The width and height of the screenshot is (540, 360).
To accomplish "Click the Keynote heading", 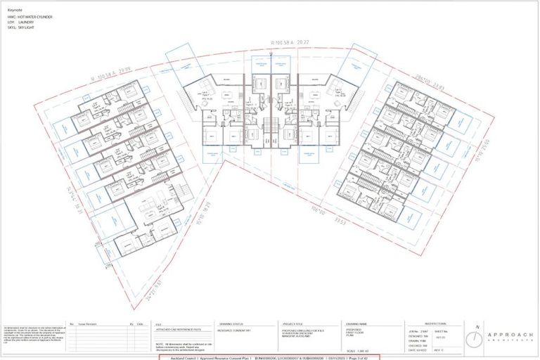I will click(x=15, y=11).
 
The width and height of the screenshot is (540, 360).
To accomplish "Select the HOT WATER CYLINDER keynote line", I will click(x=32, y=17).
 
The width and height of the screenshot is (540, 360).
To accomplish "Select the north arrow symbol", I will click(x=478, y=337).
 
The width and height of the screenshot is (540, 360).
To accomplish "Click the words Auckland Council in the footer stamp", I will click(x=183, y=357).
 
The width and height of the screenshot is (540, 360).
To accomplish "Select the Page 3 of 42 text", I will click(x=361, y=357).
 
